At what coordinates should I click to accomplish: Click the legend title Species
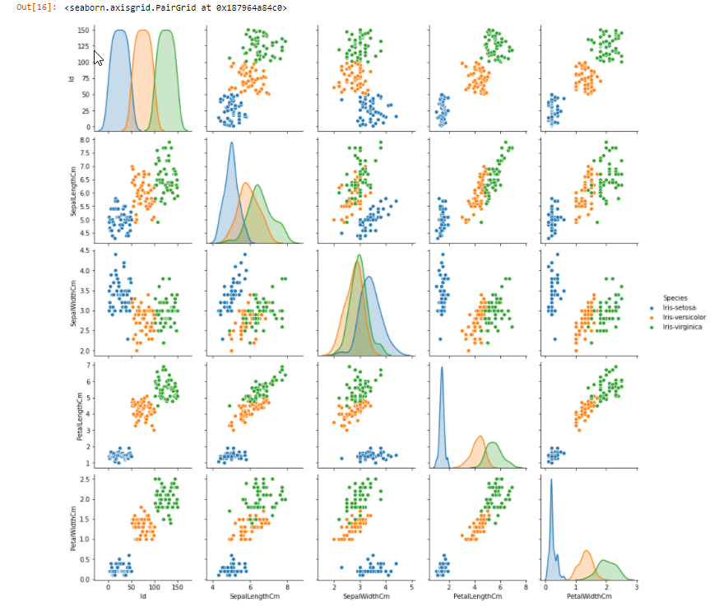[x=675, y=297]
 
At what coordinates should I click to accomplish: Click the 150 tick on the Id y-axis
[x=83, y=30]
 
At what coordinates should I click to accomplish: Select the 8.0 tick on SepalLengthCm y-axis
[x=85, y=141]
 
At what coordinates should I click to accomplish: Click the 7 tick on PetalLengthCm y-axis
[x=88, y=364]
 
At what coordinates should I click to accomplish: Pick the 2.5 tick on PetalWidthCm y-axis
[x=85, y=478]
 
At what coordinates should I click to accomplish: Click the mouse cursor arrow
[x=97, y=58]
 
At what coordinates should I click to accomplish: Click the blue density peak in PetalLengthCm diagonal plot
[x=442, y=368]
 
